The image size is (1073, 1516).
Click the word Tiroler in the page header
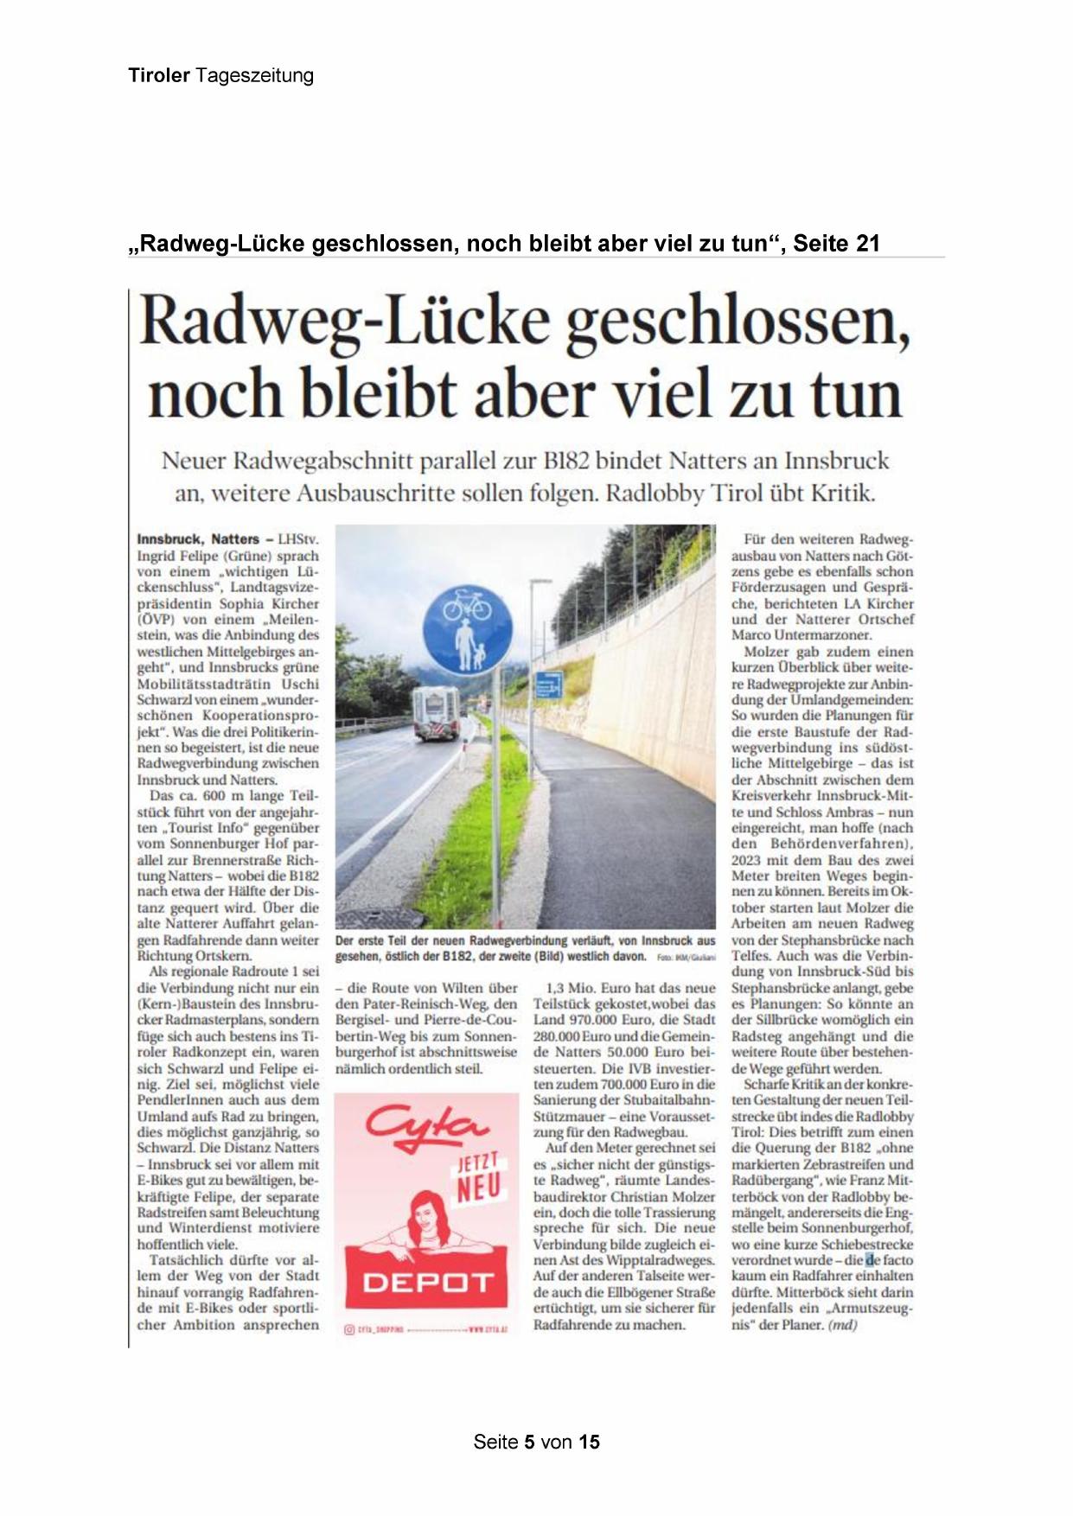pos(159,76)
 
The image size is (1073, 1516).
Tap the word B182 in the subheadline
pos(571,461)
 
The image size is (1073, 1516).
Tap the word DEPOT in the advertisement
pos(427,1283)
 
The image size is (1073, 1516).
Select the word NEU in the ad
pos(479,1188)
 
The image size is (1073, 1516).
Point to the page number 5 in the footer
pos(529,1442)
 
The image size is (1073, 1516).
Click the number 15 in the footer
pos(589,1442)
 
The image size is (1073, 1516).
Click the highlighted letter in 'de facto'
pos(871,1260)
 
